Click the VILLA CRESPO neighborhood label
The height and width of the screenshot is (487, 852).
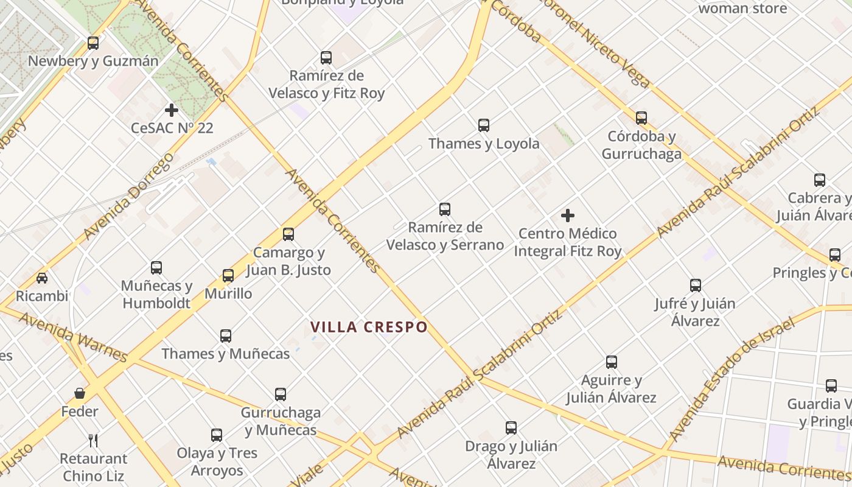pos(369,327)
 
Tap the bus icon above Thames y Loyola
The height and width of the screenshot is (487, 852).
pos(484,125)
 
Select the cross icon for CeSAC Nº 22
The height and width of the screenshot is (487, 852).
pos(172,110)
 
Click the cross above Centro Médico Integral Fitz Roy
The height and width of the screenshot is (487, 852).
pos(568,215)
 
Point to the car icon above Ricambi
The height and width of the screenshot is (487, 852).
pos(42,278)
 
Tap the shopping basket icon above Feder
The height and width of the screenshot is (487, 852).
pos(80,393)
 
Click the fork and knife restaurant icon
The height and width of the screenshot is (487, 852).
pos(93,440)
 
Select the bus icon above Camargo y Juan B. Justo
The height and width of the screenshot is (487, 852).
pos(288,234)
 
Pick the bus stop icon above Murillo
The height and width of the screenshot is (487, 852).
pos(228,276)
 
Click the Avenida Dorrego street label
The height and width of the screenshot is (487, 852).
pos(128,196)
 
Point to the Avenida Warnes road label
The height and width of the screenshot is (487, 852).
pos(73,337)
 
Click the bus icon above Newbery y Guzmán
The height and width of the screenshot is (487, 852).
pos(93,43)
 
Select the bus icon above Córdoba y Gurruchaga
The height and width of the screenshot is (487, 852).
pos(641,118)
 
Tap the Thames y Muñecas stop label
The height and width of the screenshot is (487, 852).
pos(226,354)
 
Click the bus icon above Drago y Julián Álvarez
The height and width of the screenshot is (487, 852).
pos(511,428)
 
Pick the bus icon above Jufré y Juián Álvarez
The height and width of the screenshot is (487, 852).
pos(696,286)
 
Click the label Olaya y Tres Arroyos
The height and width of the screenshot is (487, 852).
pos(217,461)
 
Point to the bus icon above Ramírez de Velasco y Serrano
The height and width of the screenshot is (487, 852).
pos(445,209)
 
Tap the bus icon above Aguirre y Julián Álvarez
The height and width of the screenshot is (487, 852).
pos(612,362)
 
